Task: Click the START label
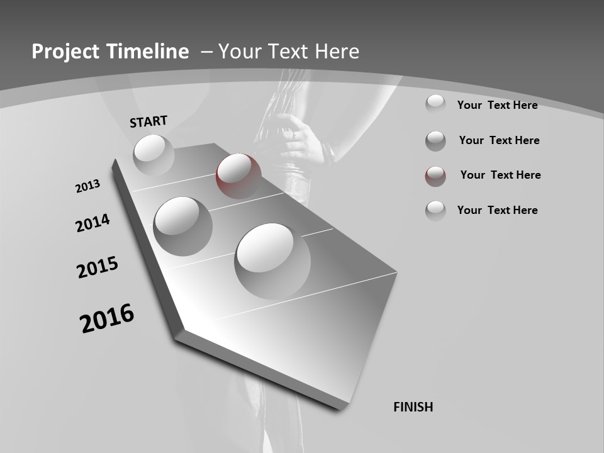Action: (148, 121)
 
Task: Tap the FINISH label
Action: (413, 407)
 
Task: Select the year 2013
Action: (87, 186)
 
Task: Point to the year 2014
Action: (92, 223)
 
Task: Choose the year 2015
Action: (98, 267)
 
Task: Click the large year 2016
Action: (107, 318)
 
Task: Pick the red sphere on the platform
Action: (238, 176)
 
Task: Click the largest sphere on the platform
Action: (272, 260)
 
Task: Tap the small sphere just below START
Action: (154, 154)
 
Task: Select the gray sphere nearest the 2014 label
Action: (182, 226)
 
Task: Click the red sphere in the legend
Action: (435, 176)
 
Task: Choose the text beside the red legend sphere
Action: (500, 175)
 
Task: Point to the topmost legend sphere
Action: (435, 104)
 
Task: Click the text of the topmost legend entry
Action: (497, 105)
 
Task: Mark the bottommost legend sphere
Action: (435, 211)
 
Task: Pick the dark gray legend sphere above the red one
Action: (435, 141)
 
